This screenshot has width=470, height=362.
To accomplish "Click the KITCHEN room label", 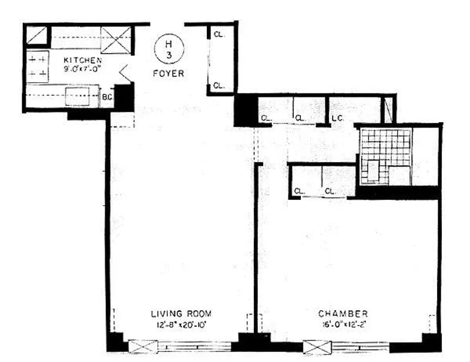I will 83,60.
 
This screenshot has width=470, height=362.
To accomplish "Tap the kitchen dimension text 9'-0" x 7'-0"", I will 83,68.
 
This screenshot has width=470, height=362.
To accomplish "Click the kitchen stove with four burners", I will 38,66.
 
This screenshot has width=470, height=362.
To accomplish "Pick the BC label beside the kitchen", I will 107,98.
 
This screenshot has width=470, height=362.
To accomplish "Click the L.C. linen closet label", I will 337,118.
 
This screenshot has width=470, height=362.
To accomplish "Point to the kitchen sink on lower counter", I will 78,96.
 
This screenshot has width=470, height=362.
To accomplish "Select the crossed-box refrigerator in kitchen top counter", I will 115,39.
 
